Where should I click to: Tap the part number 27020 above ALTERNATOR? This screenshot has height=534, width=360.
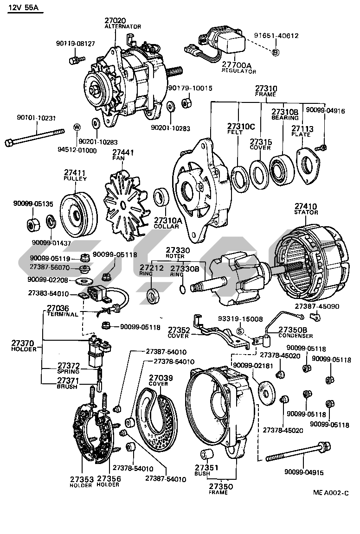pyautogui.click(x=115, y=20)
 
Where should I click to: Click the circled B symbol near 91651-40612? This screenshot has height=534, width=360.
pyautogui.click(x=275, y=51)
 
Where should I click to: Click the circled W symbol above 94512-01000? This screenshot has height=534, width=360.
pyautogui.click(x=77, y=127)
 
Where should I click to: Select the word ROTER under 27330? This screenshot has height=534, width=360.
pyautogui.click(x=174, y=256)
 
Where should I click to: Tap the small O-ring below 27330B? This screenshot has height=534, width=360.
pyautogui.click(x=183, y=290)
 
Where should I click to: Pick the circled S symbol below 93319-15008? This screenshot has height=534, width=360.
pyautogui.click(x=240, y=331)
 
